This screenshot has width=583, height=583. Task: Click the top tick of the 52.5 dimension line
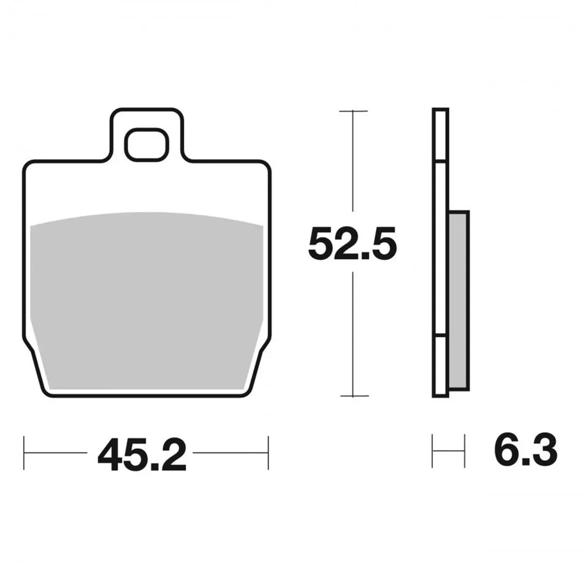353,111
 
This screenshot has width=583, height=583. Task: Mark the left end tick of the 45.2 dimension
24,453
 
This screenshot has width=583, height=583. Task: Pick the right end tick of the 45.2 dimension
268,453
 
